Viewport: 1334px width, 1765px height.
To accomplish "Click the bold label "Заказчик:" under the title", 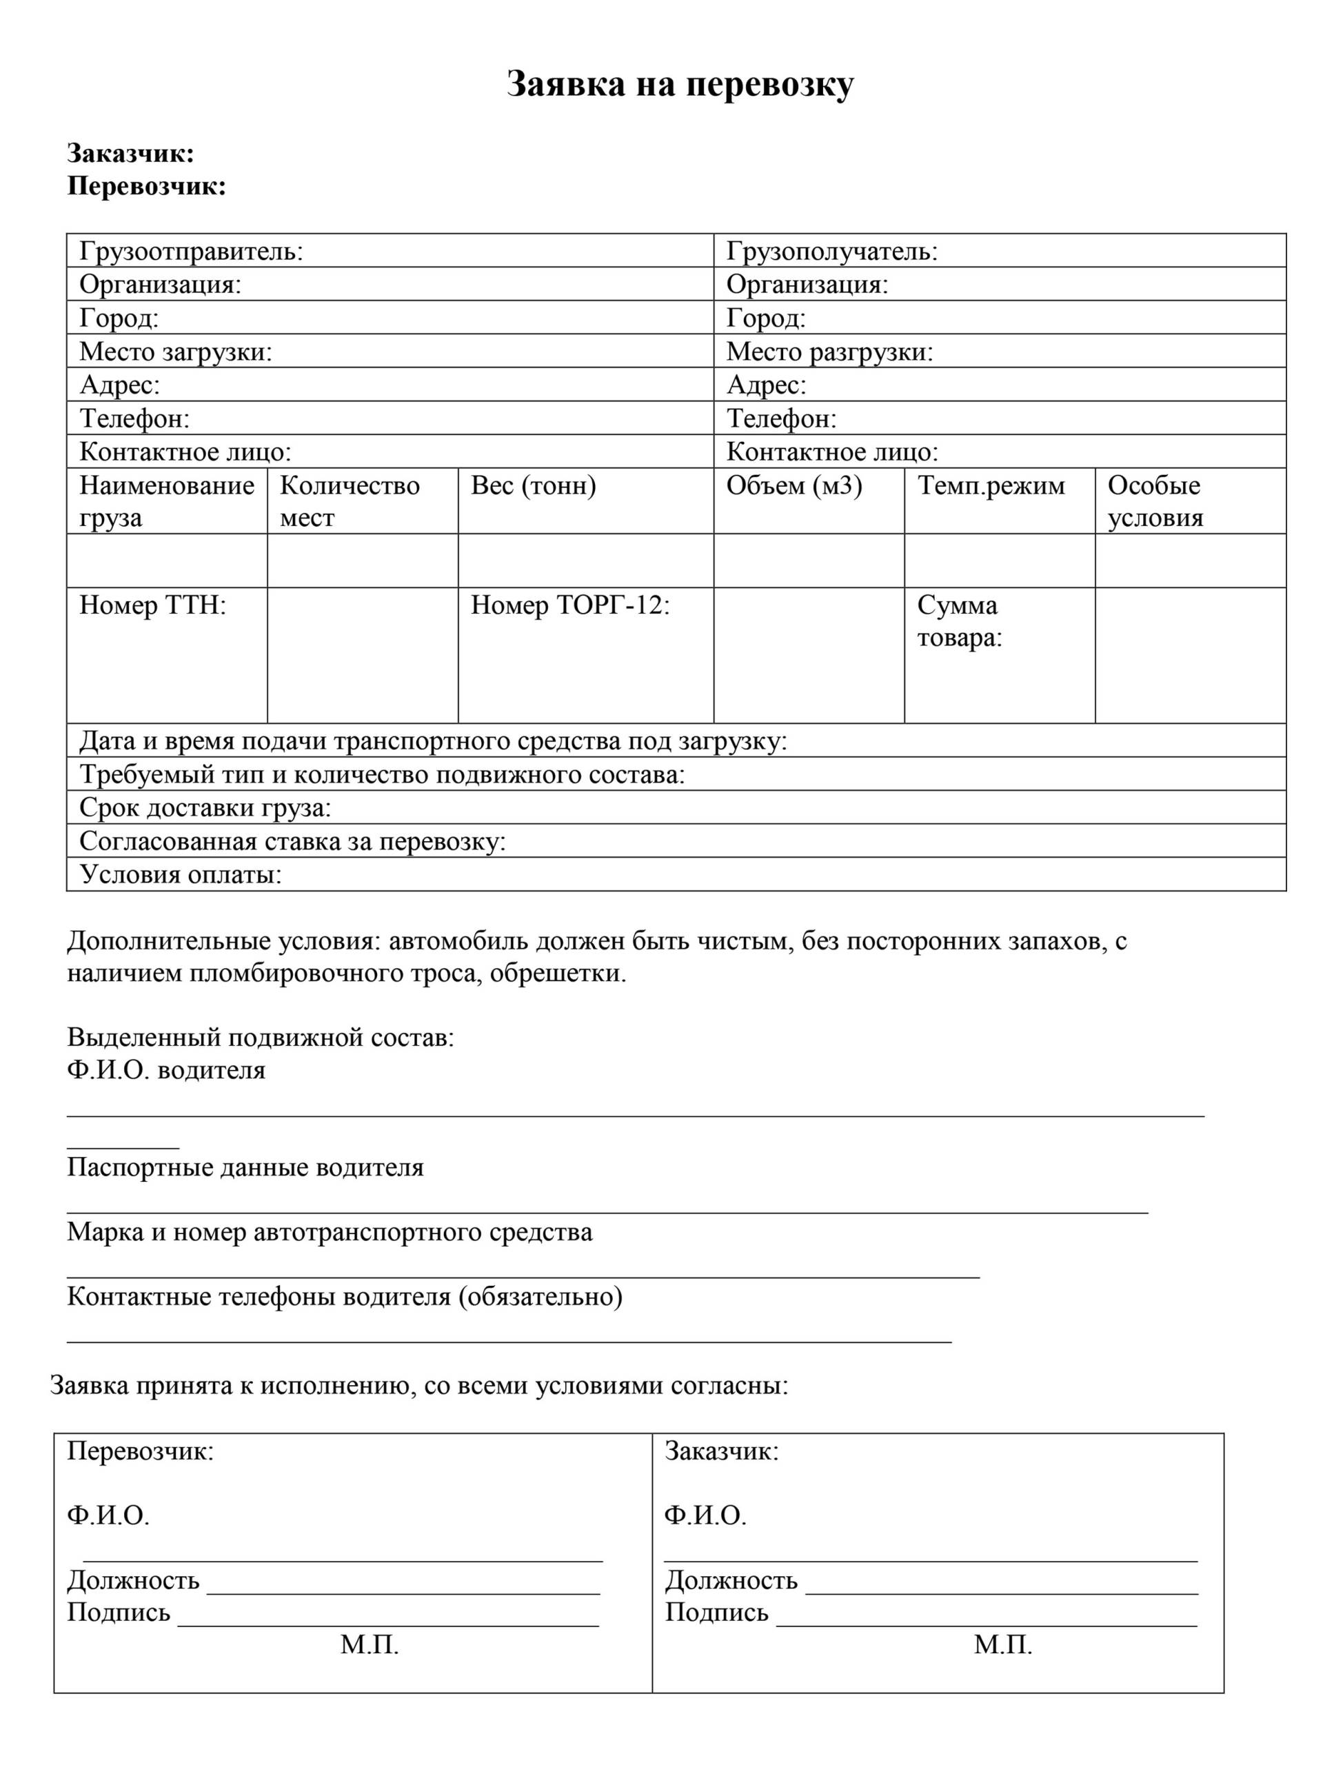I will [x=131, y=153].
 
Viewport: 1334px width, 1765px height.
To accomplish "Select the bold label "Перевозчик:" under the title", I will [x=147, y=186].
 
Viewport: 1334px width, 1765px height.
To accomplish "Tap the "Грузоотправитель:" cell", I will [x=192, y=252].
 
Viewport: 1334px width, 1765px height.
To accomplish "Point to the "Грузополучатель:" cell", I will [x=831, y=252].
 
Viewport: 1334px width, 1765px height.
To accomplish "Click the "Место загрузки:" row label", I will [x=176, y=351].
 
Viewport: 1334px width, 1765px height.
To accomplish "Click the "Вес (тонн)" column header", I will [x=533, y=485].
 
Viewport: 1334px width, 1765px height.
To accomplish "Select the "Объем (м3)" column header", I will [x=794, y=485].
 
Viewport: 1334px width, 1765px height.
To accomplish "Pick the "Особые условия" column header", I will [x=1155, y=501].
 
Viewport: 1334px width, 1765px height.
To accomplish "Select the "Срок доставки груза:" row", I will [x=205, y=807].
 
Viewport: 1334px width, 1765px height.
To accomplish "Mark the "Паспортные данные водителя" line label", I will [x=245, y=1167].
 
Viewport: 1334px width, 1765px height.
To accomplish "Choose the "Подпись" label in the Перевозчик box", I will [x=118, y=1612].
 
